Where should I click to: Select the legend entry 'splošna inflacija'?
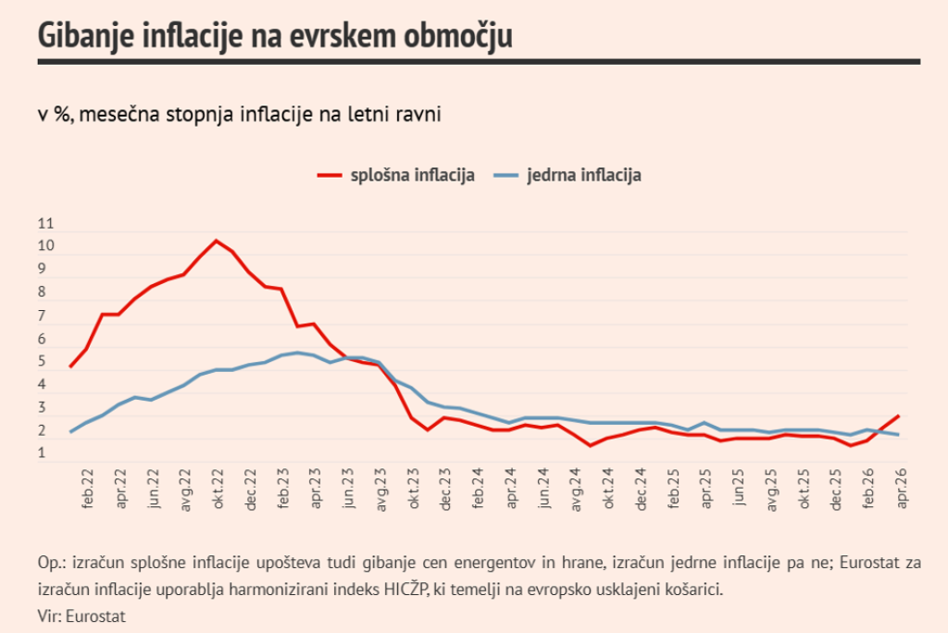click(x=397, y=175)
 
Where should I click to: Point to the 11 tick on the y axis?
click(x=46, y=224)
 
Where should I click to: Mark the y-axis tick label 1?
click(x=43, y=453)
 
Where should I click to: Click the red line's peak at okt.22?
click(x=217, y=241)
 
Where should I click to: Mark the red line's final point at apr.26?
click(x=899, y=416)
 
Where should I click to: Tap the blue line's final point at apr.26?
click(x=899, y=435)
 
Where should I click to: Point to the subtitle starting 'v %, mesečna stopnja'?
click(x=239, y=115)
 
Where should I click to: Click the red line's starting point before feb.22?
click(x=70, y=367)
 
